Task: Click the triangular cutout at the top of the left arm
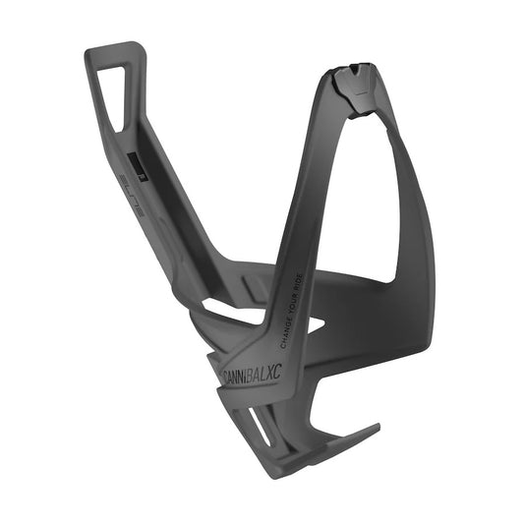click(x=115, y=94)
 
